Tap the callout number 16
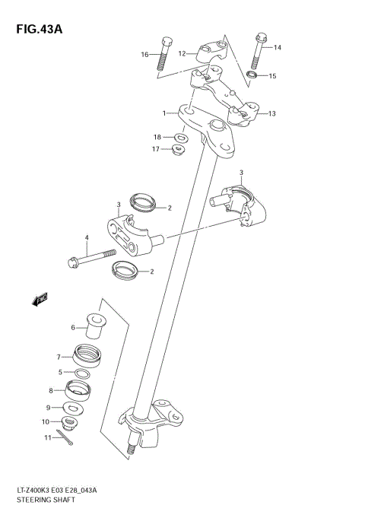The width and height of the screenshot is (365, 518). pyautogui.click(x=144, y=54)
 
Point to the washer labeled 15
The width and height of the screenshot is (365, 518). pyautogui.click(x=252, y=76)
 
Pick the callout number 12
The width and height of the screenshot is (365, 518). pyautogui.click(x=182, y=54)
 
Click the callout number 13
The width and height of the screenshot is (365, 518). pyautogui.click(x=271, y=113)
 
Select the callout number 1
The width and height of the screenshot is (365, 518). pyautogui.click(x=163, y=113)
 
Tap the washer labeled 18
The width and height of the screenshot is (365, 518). pyautogui.click(x=181, y=137)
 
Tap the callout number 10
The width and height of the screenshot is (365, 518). pyautogui.click(x=45, y=421)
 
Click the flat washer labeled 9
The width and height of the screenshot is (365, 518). pyautogui.click(x=75, y=408)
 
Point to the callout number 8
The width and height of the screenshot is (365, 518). pyautogui.click(x=51, y=390)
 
